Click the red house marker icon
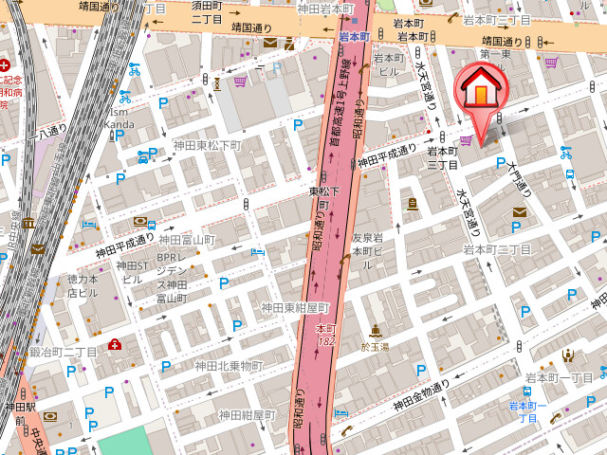(x=483, y=92)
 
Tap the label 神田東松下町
(x=207, y=146)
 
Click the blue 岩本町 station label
(x=353, y=37)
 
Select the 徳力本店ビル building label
(x=83, y=286)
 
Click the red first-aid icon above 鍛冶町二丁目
(x=115, y=344)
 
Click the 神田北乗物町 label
(x=229, y=366)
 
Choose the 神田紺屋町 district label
(x=246, y=415)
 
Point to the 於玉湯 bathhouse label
(x=377, y=347)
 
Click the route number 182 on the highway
(x=326, y=341)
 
